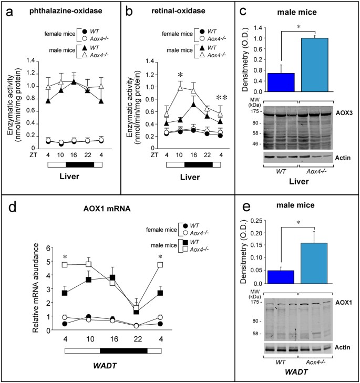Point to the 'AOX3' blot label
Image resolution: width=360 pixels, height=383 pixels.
(x=343, y=112)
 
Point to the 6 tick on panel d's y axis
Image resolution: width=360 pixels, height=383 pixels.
(x=48, y=248)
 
